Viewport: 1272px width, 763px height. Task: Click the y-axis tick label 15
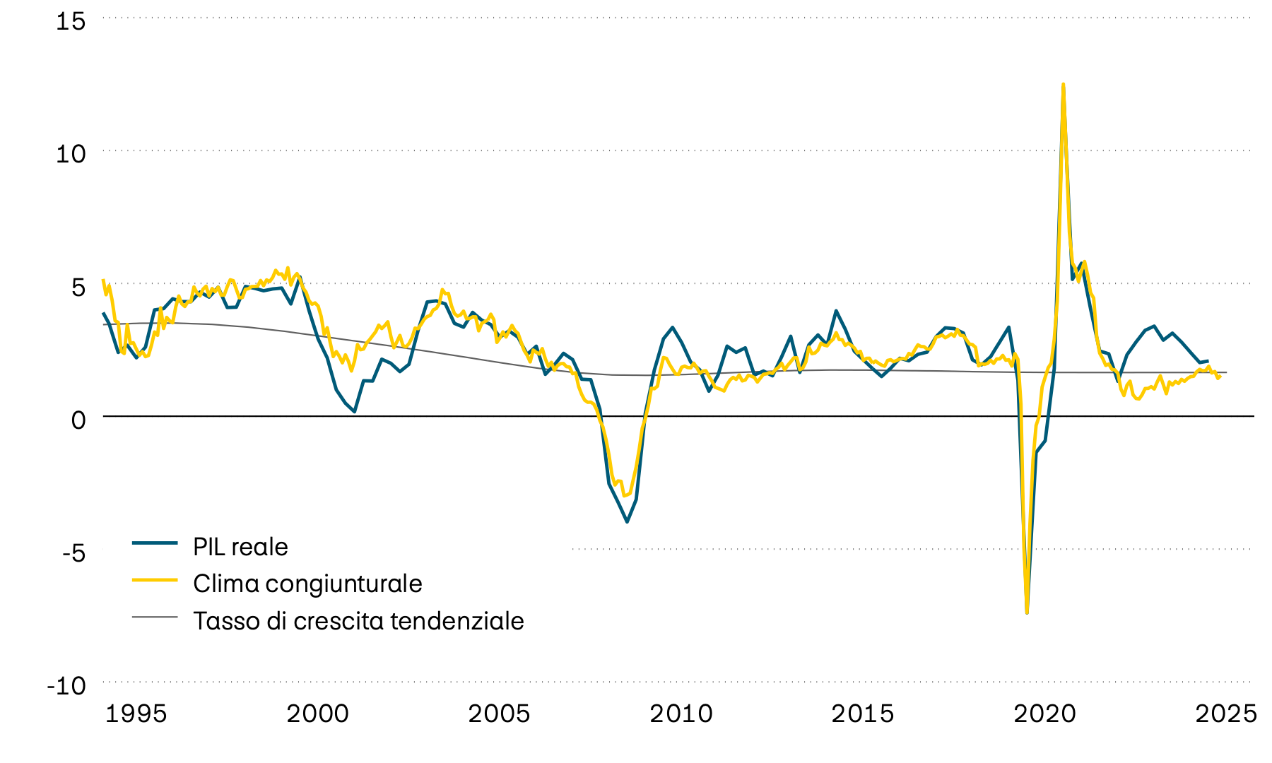point(70,21)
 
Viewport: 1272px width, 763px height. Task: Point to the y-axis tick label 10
point(70,153)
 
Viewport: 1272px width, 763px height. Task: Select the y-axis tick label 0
point(78,419)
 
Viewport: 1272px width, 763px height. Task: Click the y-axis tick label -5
point(73,552)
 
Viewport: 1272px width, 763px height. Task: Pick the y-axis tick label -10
point(66,685)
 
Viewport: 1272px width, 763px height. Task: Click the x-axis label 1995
point(136,714)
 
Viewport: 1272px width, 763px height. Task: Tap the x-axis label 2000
point(317,714)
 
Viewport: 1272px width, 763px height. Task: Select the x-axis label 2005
point(499,714)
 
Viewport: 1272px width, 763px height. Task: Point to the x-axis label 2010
point(681,714)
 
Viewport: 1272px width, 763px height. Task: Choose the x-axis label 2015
point(862,714)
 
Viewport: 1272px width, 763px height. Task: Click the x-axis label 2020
point(1044,714)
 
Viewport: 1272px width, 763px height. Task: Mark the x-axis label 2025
point(1226,714)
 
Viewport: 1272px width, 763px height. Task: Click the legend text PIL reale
point(240,547)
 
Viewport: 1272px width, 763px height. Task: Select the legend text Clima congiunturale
point(307,584)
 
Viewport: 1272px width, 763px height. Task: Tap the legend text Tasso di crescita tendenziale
point(358,621)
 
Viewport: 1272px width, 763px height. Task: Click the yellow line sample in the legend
point(154,579)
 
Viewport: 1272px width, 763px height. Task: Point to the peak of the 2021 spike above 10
point(1063,85)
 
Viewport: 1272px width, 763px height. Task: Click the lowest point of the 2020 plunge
point(1027,612)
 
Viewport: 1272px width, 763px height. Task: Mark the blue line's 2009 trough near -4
point(627,521)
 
